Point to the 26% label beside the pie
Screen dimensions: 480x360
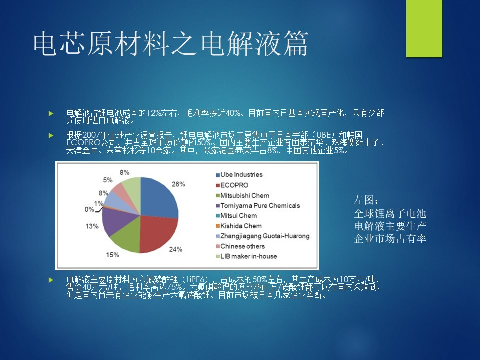click(178, 184)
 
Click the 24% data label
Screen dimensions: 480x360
click(175, 249)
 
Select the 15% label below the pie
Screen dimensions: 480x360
click(112, 255)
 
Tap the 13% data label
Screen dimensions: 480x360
click(92, 226)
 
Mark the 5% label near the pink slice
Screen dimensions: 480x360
click(108, 180)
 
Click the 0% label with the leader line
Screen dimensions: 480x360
click(89, 209)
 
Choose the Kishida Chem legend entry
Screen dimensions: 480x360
click(239, 226)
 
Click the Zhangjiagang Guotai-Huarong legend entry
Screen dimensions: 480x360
click(262, 236)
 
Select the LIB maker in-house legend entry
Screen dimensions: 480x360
click(246, 256)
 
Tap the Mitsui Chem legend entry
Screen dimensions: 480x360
click(236, 216)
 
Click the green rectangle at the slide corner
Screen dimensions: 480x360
click(424, 28)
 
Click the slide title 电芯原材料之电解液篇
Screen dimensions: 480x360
click(171, 44)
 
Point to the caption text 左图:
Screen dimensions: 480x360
click(366, 200)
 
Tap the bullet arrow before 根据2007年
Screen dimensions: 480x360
click(51, 135)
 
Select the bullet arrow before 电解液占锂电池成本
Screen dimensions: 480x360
click(51, 113)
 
